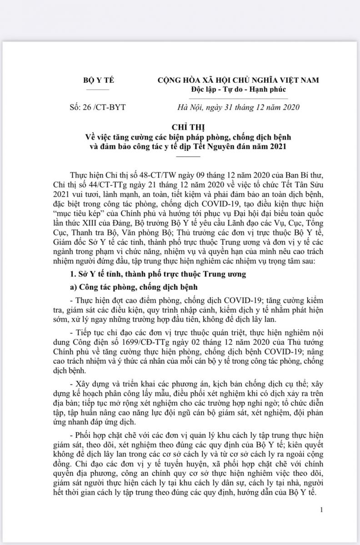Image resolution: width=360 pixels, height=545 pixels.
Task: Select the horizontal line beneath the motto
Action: [238, 98]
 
